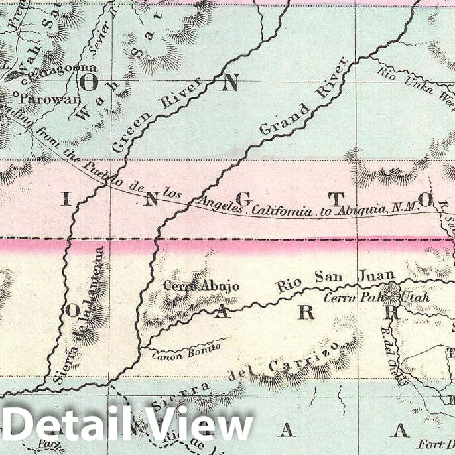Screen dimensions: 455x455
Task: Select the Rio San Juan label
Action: point(336,280)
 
